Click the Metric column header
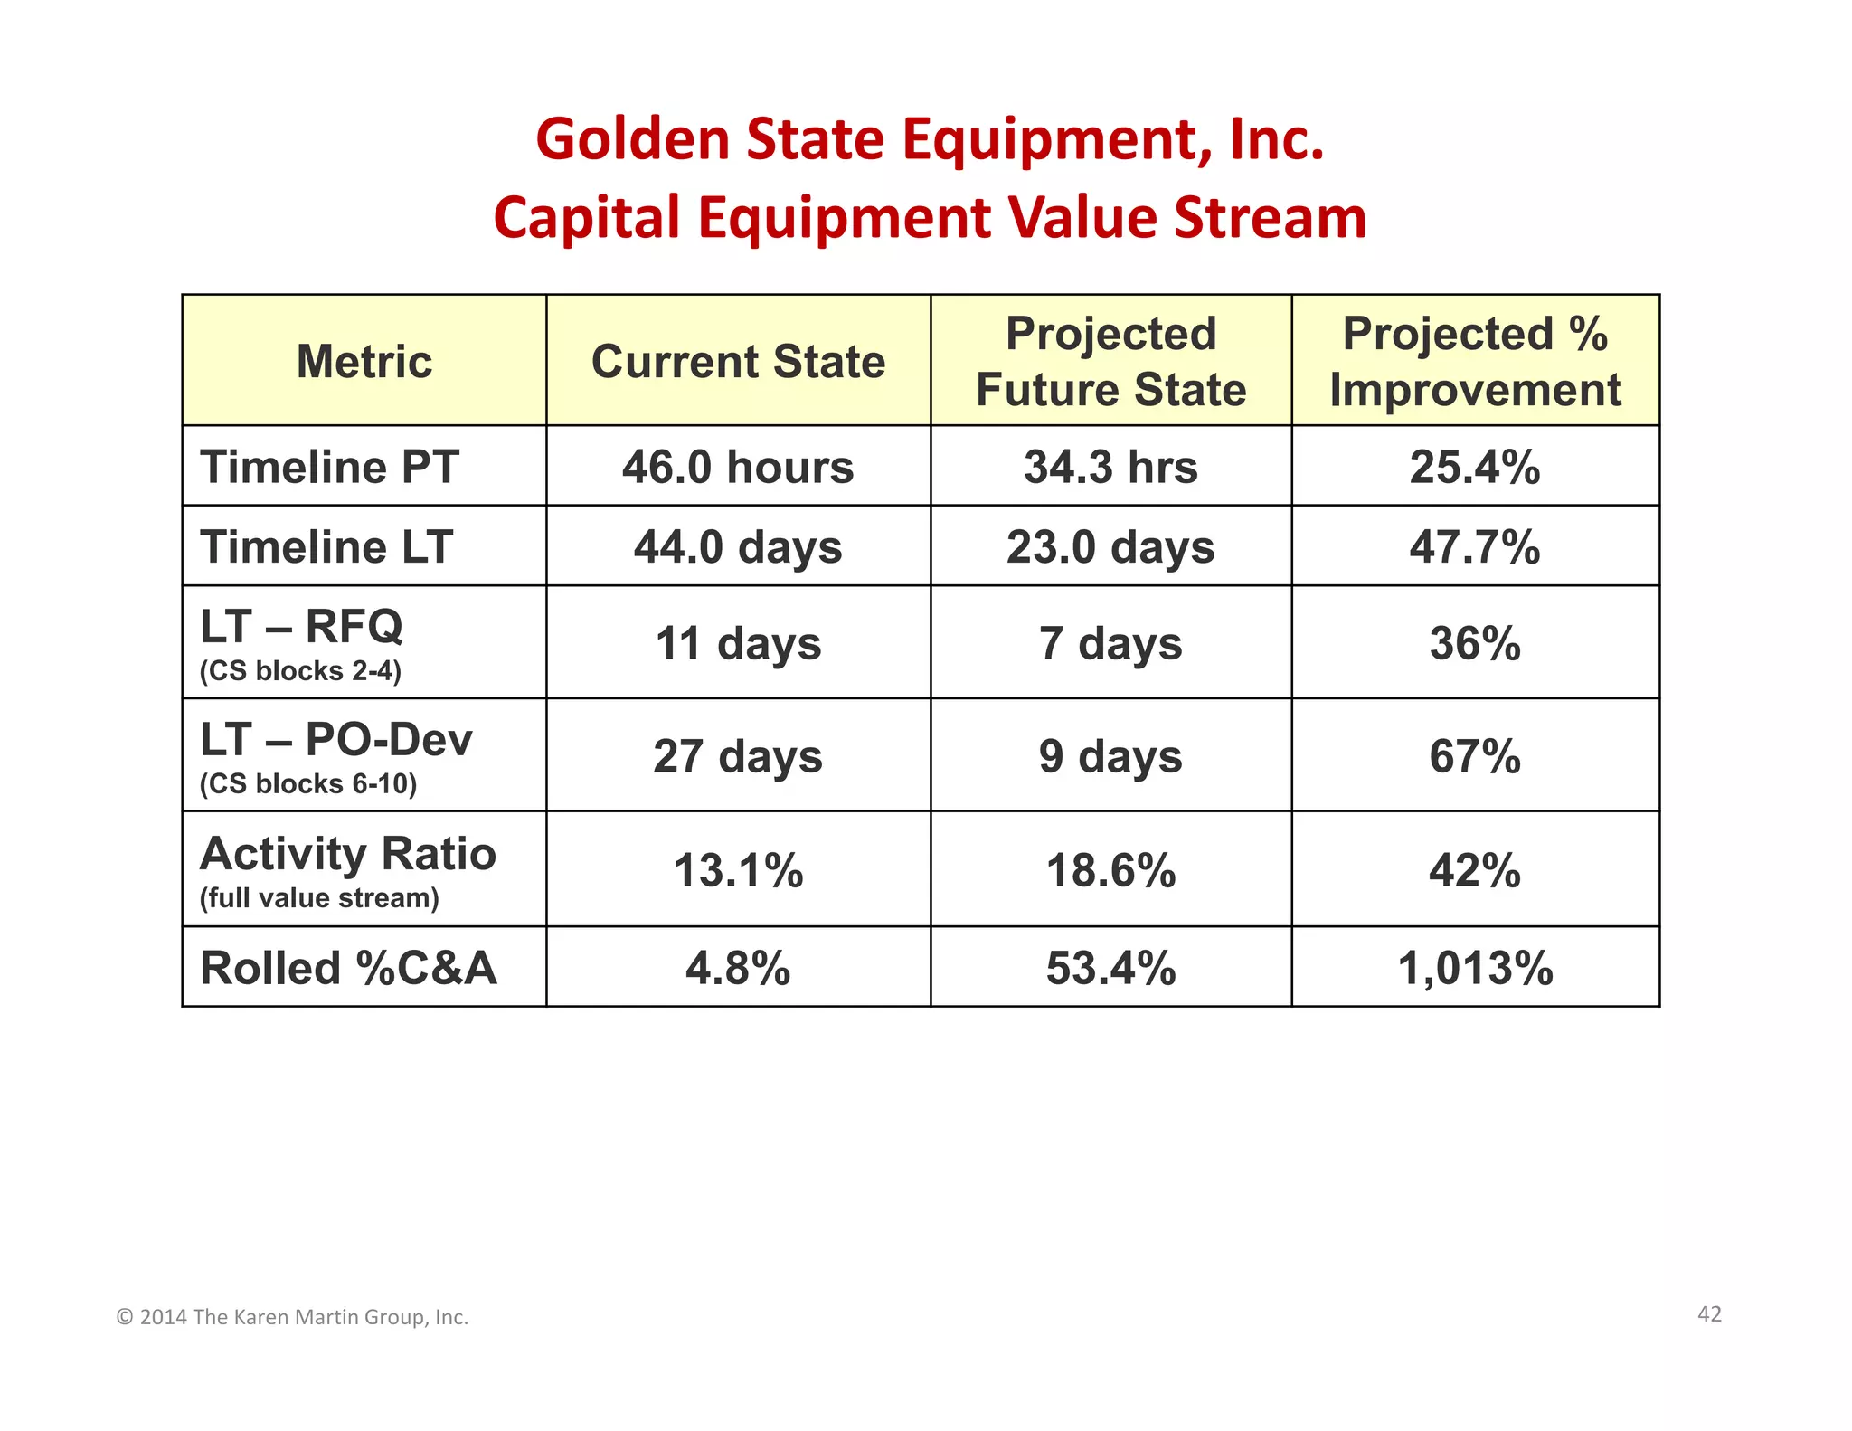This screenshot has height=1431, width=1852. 364,362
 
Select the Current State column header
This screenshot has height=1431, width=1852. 738,362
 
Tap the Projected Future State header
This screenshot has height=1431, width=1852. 1110,362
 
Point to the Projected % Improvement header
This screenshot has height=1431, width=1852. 1475,362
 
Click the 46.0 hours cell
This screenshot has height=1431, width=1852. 738,468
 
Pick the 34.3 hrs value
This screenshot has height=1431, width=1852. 1110,468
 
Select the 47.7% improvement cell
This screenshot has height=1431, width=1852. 1475,547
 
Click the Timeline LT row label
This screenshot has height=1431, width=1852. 326,547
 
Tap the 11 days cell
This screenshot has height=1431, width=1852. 738,644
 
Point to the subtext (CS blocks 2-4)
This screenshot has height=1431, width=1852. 300,671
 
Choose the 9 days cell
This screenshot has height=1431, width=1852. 1110,756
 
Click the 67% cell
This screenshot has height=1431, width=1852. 1475,756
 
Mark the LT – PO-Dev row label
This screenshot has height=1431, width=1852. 336,740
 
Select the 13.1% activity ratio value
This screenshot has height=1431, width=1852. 738,871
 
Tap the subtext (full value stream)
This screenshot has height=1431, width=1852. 319,898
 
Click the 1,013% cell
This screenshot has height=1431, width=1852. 1475,968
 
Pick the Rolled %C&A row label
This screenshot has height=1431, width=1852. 348,968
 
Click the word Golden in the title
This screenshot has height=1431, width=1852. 633,139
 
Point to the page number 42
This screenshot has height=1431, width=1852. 1709,1314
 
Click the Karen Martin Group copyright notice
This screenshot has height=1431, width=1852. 292,1317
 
